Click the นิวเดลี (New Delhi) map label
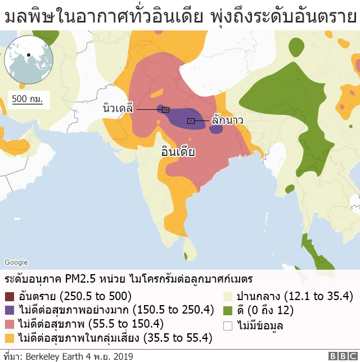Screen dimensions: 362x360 pyautogui.click(x=118, y=109)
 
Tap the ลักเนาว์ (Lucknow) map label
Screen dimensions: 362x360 pyautogui.click(x=227, y=120)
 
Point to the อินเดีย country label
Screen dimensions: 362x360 pyautogui.click(x=178, y=152)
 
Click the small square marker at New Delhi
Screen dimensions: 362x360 pyautogui.click(x=165, y=109)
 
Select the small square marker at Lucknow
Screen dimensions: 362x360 pyautogui.click(x=191, y=120)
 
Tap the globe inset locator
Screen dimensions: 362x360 pyautogui.click(x=28, y=59)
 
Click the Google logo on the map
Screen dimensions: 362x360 pyautogui.click(x=16, y=262)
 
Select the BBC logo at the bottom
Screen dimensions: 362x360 pyautogui.click(x=341, y=356)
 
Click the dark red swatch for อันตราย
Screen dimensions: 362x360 pyautogui.click(x=10, y=297)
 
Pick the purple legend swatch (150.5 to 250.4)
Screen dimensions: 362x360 pyautogui.click(x=10, y=311)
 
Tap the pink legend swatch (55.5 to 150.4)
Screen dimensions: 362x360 pyautogui.click(x=10, y=324)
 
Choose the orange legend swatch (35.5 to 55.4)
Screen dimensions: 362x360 pyautogui.click(x=10, y=338)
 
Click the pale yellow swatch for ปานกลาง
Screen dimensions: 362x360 pyautogui.click(x=228, y=297)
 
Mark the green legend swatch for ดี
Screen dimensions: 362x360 pyautogui.click(x=228, y=311)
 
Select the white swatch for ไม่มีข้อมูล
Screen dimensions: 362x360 pyautogui.click(x=228, y=325)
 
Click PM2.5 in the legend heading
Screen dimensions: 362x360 pyautogui.click(x=80, y=279)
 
